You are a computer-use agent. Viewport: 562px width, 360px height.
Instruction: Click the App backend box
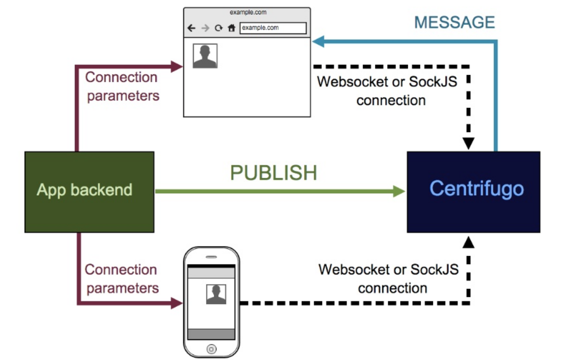[89, 191]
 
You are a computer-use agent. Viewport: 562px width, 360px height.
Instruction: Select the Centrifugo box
[473, 191]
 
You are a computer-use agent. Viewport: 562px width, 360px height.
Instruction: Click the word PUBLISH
[273, 173]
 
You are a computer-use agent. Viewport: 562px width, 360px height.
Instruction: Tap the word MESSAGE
[454, 22]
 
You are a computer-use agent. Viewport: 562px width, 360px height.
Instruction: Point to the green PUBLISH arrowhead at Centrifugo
[399, 191]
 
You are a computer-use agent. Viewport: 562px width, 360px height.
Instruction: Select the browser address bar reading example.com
[273, 28]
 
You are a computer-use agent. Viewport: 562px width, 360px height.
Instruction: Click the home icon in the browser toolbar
[231, 28]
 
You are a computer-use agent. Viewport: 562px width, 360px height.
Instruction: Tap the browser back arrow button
[192, 28]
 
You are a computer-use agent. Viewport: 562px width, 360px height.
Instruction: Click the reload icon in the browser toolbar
[219, 28]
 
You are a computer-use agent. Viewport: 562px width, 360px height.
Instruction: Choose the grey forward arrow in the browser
[205, 28]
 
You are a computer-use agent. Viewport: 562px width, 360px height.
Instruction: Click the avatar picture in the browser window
[205, 56]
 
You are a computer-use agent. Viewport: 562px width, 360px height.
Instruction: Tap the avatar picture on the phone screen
[216, 294]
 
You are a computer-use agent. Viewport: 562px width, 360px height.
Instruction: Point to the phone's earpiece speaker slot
[211, 257]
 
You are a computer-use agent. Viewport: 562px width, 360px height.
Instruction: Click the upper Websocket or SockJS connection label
[387, 91]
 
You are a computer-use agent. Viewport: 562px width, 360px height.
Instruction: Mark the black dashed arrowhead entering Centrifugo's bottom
[468, 240]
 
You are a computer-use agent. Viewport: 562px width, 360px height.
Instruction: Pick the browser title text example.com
[248, 12]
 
